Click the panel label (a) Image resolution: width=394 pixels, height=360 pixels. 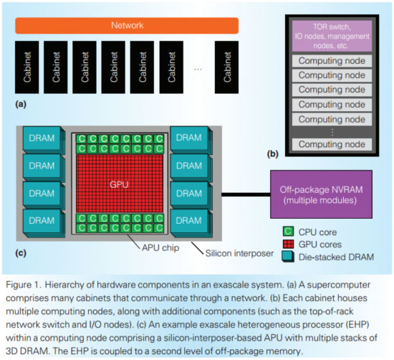coord(19,103)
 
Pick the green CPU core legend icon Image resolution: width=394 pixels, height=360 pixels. coord(287,232)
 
